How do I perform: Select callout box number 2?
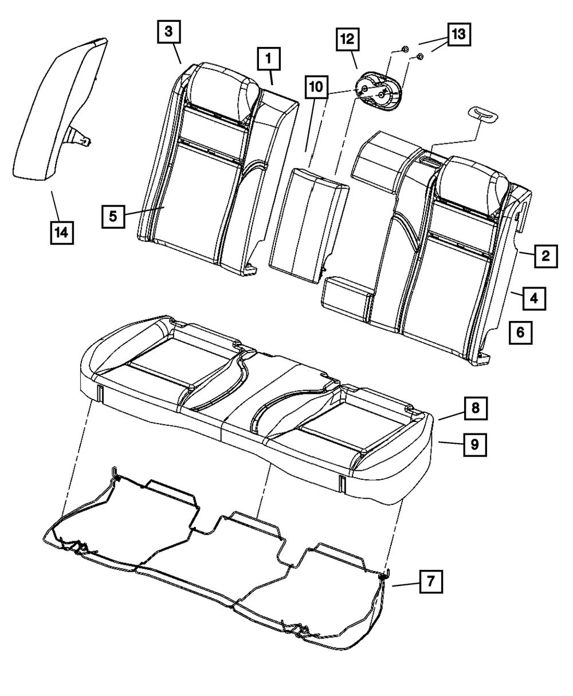(545, 256)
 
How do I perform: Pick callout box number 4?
(533, 298)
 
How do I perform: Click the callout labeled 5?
(113, 216)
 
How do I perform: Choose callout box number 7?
(430, 581)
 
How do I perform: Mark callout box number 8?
(476, 408)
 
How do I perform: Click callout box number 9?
(476, 443)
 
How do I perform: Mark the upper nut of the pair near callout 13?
(402, 49)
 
